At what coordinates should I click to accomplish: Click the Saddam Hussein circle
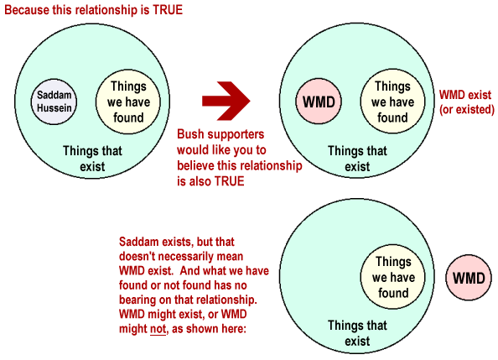tap(54, 102)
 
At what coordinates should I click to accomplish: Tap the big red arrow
tap(226, 101)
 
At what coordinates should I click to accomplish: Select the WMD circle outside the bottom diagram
tap(469, 278)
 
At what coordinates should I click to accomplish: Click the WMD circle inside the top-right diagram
tap(319, 102)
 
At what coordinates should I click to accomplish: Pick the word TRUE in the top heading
tap(168, 10)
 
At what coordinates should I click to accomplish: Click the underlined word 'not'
tap(158, 329)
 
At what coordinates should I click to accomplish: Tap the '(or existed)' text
tap(466, 109)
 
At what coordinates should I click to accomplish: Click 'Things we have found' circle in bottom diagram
tap(393, 277)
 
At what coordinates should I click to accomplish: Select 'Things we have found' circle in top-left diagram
tap(128, 102)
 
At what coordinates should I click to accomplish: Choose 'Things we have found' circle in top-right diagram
tap(392, 102)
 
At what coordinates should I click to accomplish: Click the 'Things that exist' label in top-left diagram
tap(92, 159)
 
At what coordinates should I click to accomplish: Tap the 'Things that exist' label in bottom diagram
tap(357, 333)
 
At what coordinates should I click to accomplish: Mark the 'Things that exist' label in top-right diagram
tap(357, 159)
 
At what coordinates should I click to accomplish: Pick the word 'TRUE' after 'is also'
tap(230, 181)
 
